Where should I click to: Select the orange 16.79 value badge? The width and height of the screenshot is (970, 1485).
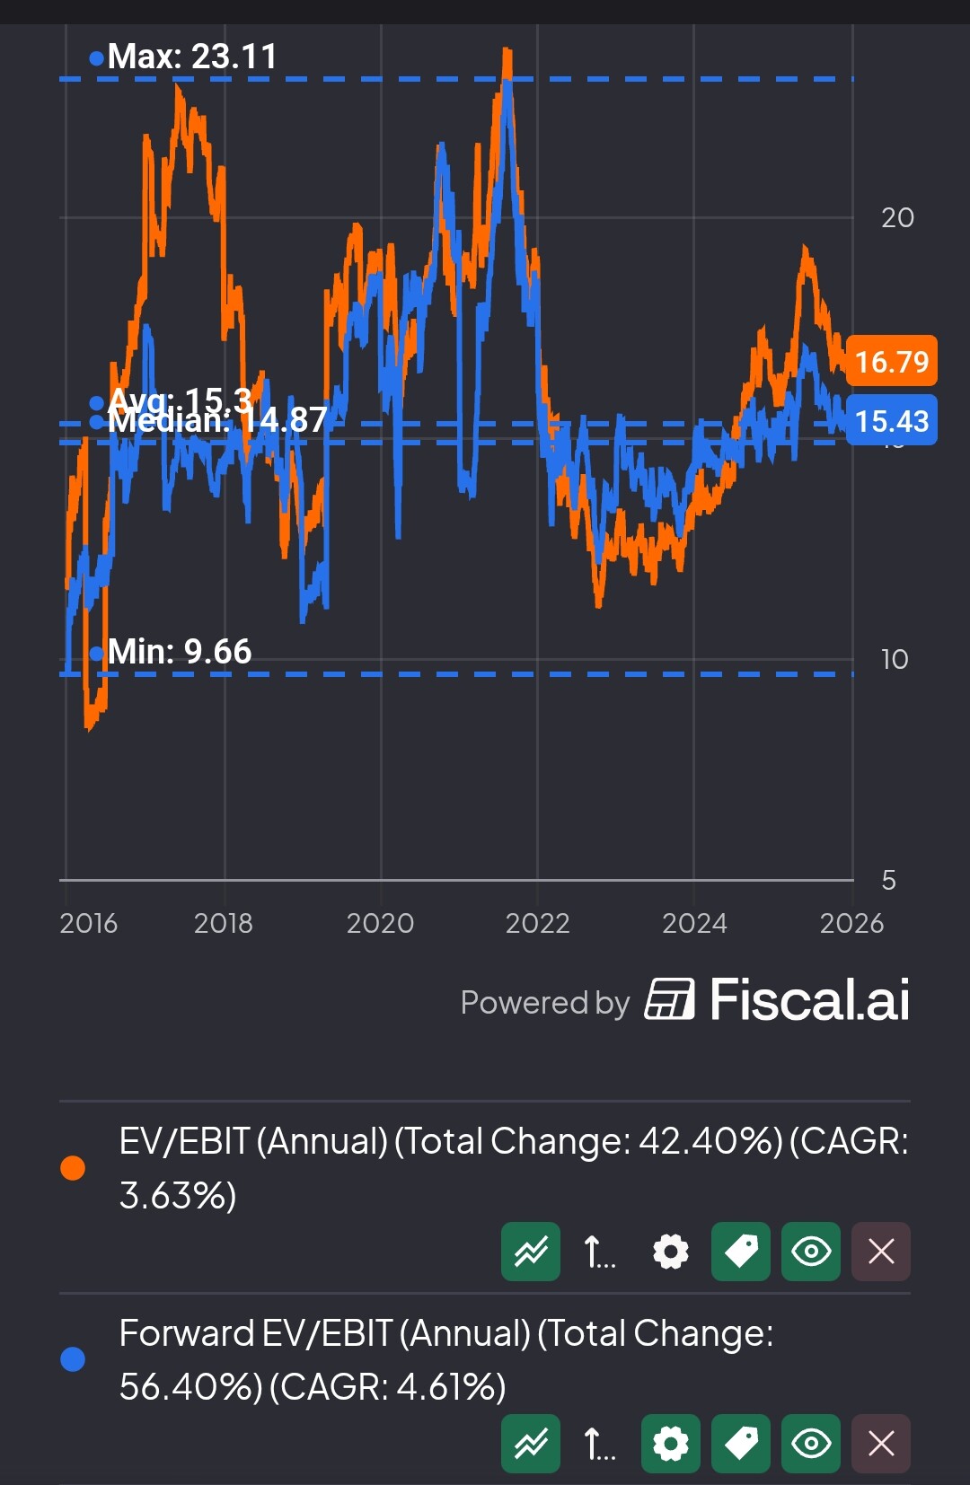coord(891,362)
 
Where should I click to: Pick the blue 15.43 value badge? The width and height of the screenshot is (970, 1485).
coord(891,421)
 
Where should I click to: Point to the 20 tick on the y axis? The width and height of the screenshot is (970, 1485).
coord(897,217)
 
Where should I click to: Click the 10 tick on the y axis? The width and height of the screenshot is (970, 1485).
coord(895,660)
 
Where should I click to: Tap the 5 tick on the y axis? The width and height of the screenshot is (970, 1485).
coord(889,880)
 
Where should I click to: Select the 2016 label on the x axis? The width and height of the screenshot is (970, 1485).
coord(88,923)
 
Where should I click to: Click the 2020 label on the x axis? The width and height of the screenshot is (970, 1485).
coord(380,923)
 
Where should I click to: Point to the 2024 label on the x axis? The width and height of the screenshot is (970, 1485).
coord(694,923)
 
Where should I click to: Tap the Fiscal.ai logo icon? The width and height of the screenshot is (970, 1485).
coord(669,999)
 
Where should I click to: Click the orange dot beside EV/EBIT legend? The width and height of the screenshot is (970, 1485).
coord(73,1168)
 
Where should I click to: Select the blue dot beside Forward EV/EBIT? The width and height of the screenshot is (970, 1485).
coord(73,1359)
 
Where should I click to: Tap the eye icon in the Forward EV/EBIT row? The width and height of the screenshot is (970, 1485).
coord(811,1444)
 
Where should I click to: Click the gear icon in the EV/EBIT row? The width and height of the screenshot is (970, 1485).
coord(671,1252)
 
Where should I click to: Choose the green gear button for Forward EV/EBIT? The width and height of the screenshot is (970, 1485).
coord(671,1444)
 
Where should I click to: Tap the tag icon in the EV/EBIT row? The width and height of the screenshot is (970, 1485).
coord(741,1252)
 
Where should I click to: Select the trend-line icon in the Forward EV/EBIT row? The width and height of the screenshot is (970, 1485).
coord(531,1444)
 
